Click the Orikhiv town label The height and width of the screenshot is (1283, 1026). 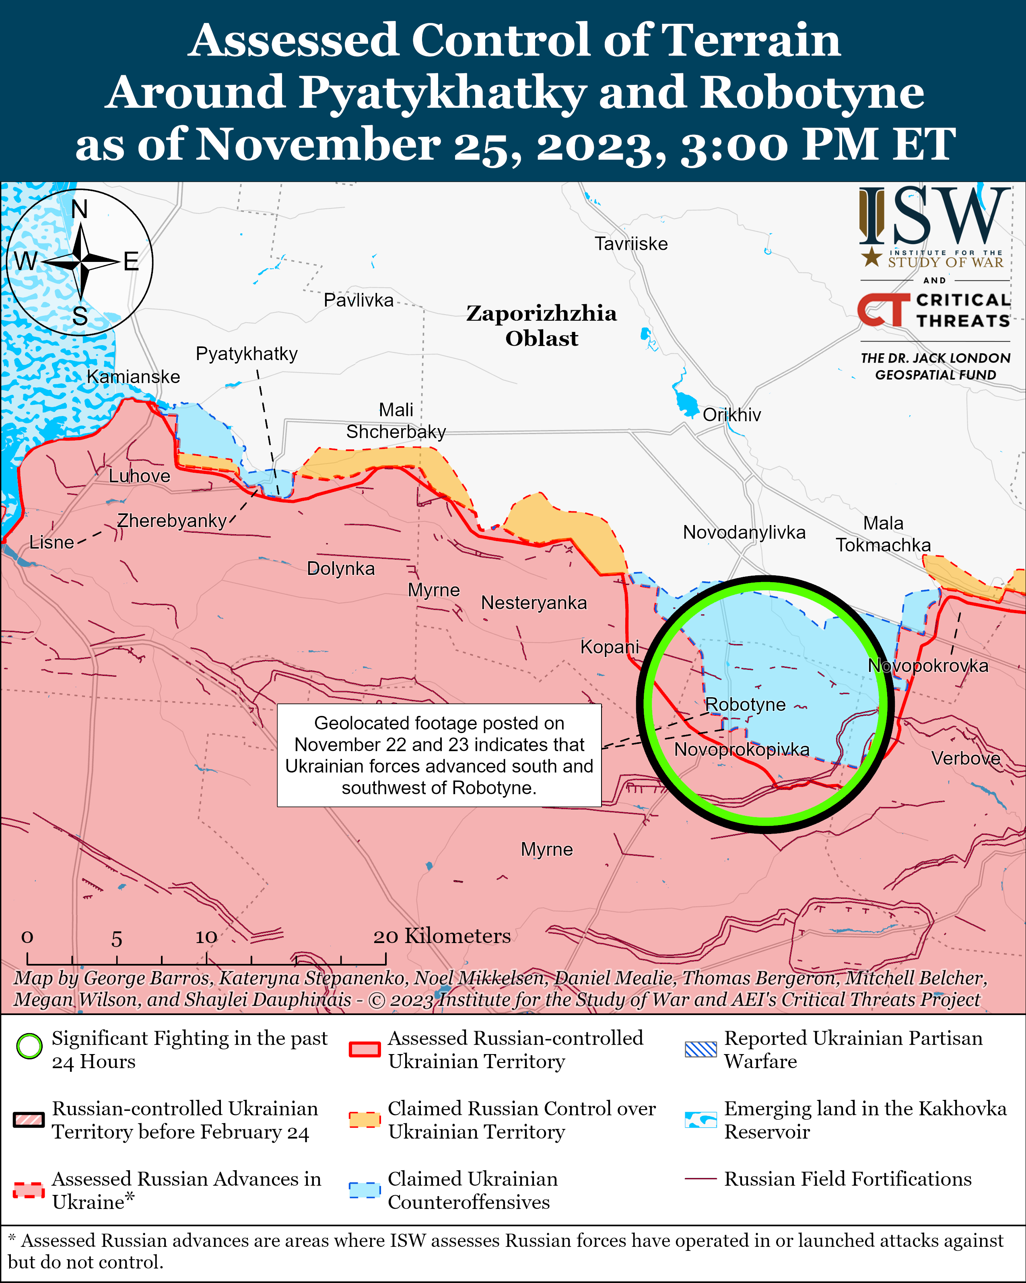coord(731,415)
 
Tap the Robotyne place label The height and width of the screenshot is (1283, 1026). coord(745,704)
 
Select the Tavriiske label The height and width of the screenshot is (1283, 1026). coord(631,244)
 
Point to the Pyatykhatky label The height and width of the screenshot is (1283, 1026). coord(246,354)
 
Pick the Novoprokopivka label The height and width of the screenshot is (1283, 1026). coord(742,749)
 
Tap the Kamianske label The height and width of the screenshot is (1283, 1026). coord(133,377)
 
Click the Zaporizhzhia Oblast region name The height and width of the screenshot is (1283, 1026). coord(541,325)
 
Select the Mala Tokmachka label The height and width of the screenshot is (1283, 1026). coord(883,534)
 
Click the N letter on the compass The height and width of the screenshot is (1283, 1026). coord(79,209)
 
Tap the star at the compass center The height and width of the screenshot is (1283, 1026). coord(80,261)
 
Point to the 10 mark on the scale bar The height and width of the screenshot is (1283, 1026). coord(206,937)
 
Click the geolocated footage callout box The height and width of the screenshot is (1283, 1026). coord(439,755)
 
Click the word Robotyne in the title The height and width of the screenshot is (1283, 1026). coord(812,92)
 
